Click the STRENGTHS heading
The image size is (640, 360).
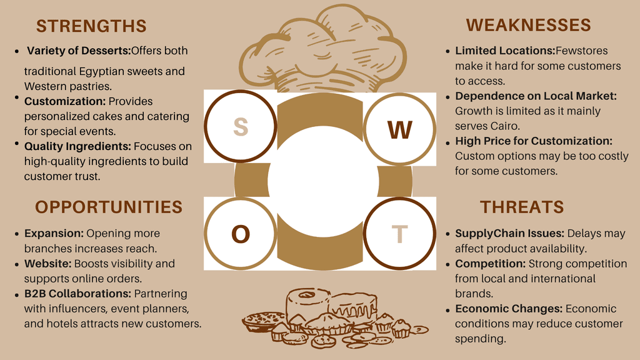coord(91,26)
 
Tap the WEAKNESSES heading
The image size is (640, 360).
coord(528,25)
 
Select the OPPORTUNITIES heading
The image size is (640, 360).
coord(109,207)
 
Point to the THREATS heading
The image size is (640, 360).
coord(522,207)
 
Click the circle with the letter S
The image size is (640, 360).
coord(241,127)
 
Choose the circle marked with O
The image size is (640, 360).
coord(241,234)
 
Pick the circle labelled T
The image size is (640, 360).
coord(399,234)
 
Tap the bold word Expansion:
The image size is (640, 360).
coord(54,234)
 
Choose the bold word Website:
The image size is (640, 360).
coord(48,264)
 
